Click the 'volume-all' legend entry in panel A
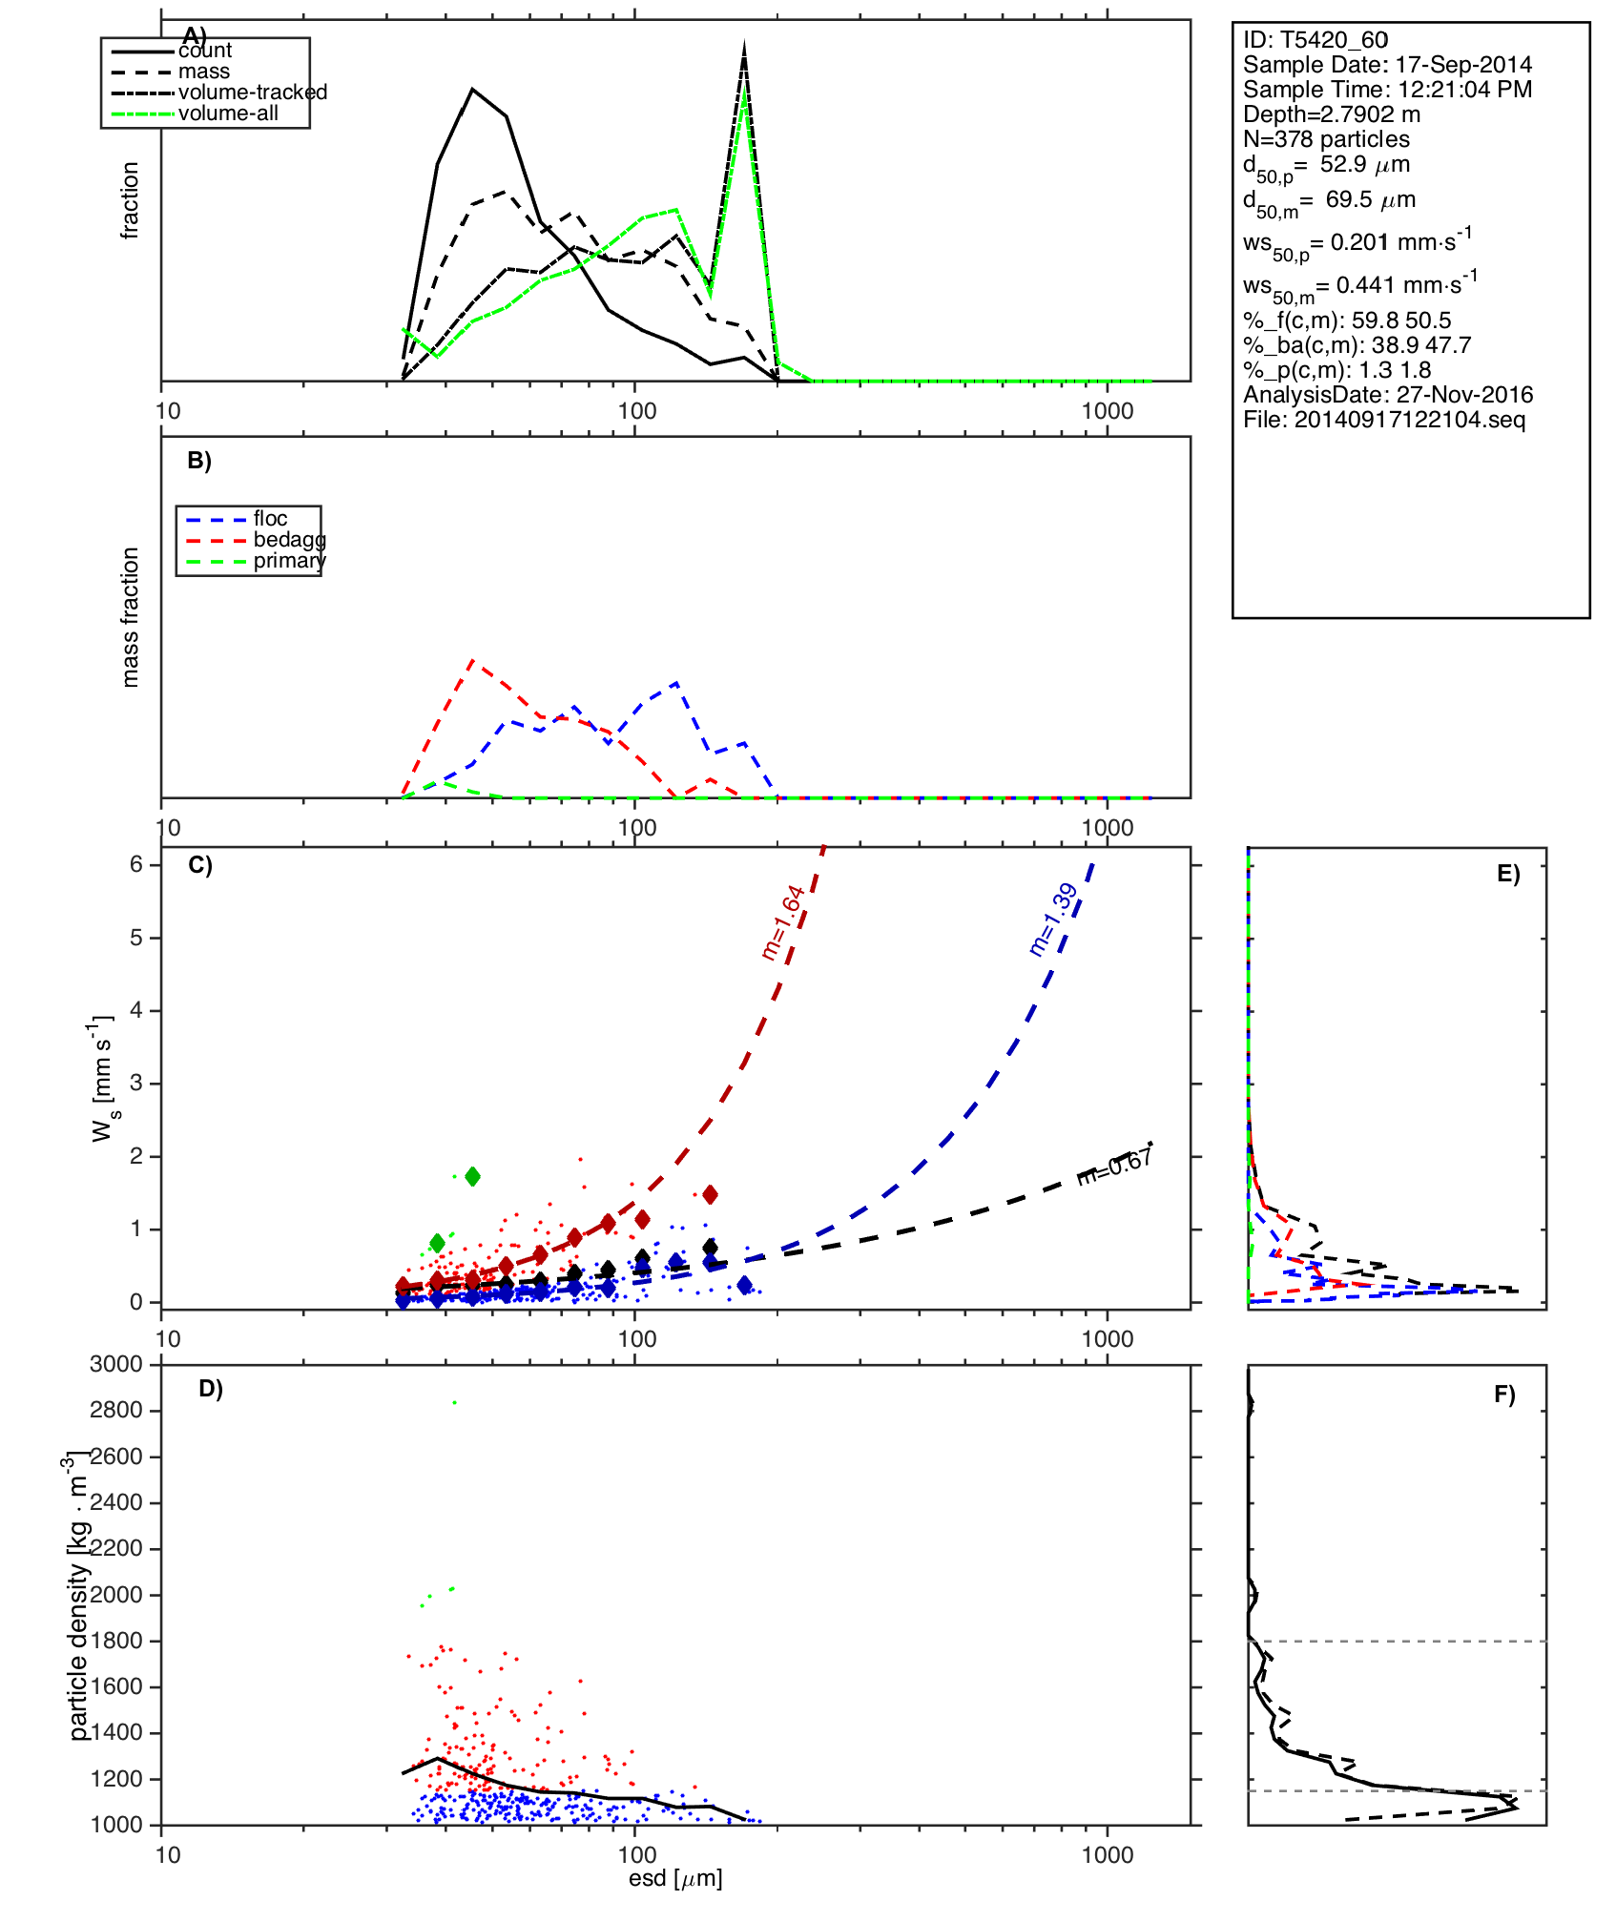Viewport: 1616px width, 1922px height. pos(228,114)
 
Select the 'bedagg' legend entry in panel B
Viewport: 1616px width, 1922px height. pos(289,540)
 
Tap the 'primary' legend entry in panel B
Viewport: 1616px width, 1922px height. pos(289,561)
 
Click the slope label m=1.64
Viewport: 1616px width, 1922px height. pos(783,922)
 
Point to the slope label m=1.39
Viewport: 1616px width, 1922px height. pos(1053,920)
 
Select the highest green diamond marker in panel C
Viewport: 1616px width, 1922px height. pos(472,1176)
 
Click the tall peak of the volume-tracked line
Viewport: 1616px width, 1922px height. pos(744,48)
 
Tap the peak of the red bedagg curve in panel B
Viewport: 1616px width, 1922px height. pos(472,659)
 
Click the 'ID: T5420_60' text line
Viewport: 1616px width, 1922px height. pos(1315,40)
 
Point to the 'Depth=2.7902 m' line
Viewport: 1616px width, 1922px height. pos(1331,114)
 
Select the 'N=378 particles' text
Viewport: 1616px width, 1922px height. pos(1326,139)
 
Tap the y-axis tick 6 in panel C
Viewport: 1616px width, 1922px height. pos(136,864)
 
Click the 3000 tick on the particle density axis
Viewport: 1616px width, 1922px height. pos(116,1364)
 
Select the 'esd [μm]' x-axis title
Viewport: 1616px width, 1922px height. pos(675,1879)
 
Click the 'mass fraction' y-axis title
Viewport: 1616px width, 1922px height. pos(131,617)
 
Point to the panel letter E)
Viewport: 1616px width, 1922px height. pos(1507,874)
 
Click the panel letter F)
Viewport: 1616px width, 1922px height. pos(1503,1395)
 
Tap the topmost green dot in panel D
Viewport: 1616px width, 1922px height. pos(455,1402)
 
